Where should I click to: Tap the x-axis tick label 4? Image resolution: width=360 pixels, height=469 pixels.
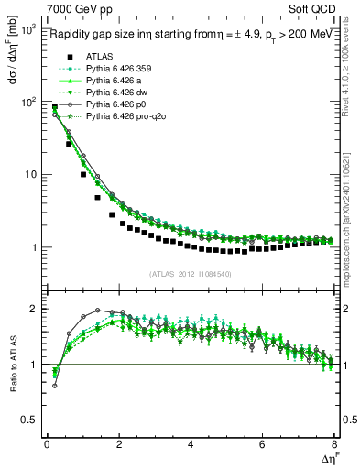(x=191, y=445)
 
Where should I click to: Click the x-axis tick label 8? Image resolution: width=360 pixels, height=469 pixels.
(x=334, y=445)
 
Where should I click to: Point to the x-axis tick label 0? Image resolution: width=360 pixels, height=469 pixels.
(x=47, y=445)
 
